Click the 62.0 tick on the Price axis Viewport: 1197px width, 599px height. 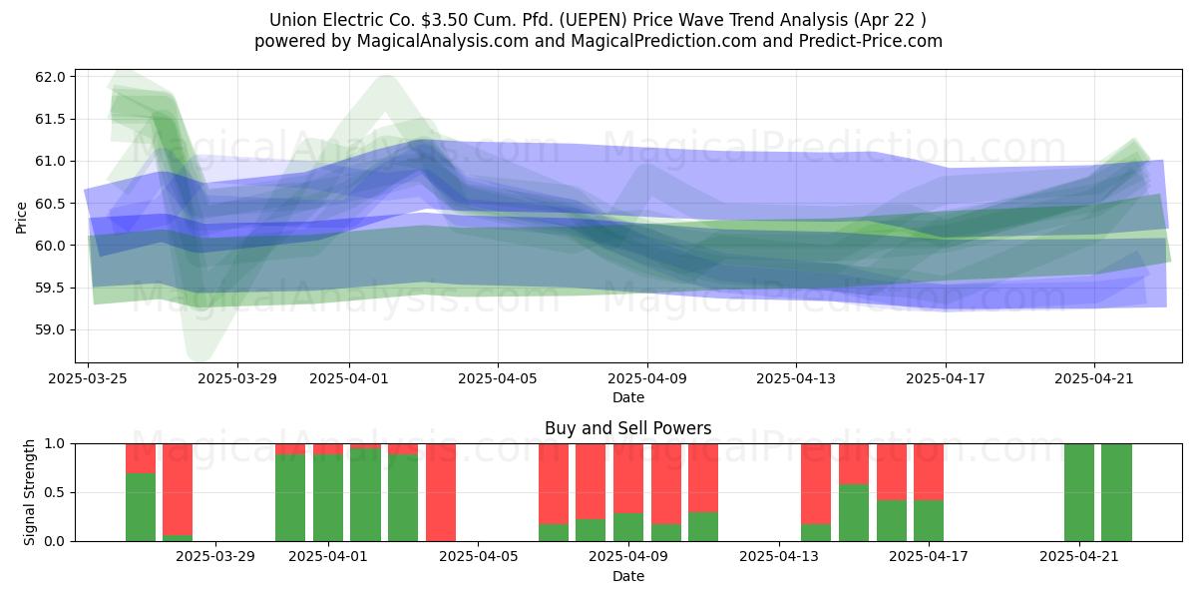pyautogui.click(x=50, y=77)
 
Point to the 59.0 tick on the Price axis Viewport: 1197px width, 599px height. pyautogui.click(x=50, y=330)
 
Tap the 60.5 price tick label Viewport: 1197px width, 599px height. pyautogui.click(x=50, y=204)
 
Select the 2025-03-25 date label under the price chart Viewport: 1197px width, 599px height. pyautogui.click(x=88, y=378)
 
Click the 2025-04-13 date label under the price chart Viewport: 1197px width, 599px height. pyautogui.click(x=796, y=378)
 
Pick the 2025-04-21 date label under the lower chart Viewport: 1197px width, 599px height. pyautogui.click(x=1079, y=557)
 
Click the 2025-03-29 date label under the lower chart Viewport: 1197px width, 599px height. pyautogui.click(x=215, y=557)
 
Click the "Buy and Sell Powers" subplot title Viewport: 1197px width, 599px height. pyautogui.click(x=627, y=428)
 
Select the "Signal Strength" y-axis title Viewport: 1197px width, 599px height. pyautogui.click(x=29, y=492)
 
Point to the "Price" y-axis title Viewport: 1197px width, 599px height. pyautogui.click(x=21, y=218)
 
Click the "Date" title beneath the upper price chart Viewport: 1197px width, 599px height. pyautogui.click(x=627, y=398)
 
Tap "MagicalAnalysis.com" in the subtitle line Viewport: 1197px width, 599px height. pyautogui.click(x=443, y=41)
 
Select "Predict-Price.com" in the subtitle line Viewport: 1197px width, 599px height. pyautogui.click(x=871, y=41)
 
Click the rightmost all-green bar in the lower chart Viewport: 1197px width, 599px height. pyautogui.click(x=1116, y=492)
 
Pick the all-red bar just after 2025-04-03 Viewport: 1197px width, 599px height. pyautogui.click(x=441, y=492)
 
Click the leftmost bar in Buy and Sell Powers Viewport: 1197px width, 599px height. pyautogui.click(x=141, y=492)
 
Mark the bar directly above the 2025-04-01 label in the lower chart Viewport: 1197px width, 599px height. pyautogui.click(x=328, y=492)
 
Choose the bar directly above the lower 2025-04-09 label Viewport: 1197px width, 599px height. pyautogui.click(x=628, y=492)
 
